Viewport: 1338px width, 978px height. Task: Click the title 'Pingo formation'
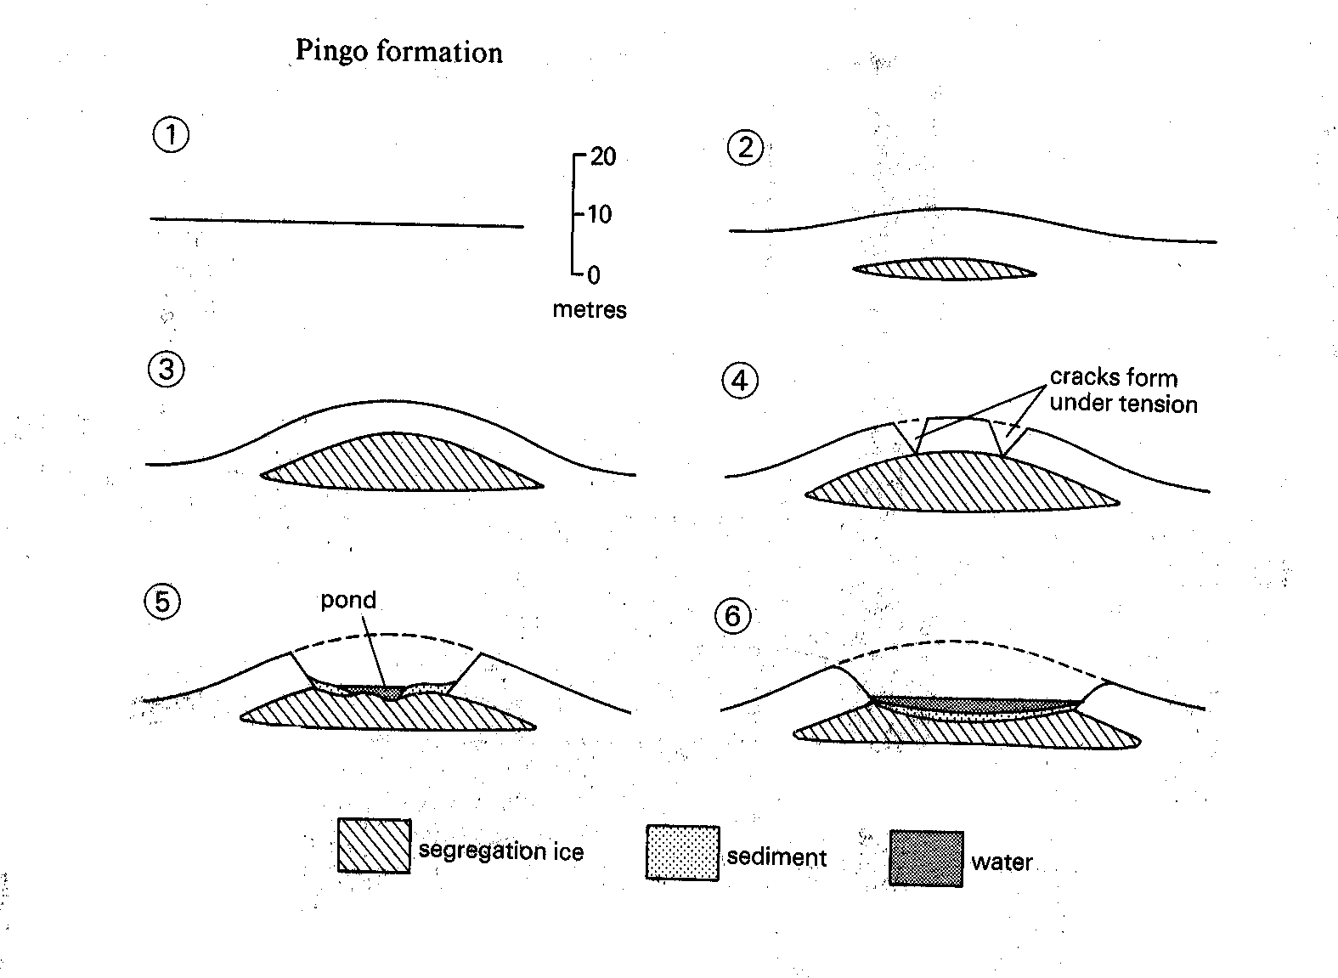coord(398,51)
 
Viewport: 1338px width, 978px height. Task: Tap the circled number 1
coord(172,136)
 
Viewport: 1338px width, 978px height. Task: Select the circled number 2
coord(746,149)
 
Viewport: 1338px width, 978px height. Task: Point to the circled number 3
coord(167,370)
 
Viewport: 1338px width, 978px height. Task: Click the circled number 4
coord(740,381)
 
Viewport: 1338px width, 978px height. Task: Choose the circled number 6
coord(734,615)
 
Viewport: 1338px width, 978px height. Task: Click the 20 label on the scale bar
coord(602,157)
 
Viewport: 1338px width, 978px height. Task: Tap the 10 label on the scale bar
coord(599,214)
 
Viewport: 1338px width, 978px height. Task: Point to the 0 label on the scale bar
coord(593,274)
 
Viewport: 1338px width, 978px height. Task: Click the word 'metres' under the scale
coord(590,309)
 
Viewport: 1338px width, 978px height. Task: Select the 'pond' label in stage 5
coord(348,600)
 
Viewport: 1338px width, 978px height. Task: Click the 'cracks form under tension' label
coord(1123,390)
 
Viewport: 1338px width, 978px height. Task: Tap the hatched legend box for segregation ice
coord(374,845)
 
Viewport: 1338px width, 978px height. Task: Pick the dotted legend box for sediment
coord(682,852)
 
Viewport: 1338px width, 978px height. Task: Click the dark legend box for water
coord(926,858)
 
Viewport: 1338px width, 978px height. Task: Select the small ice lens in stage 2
coord(944,269)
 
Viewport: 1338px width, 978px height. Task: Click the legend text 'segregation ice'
coord(501,851)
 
